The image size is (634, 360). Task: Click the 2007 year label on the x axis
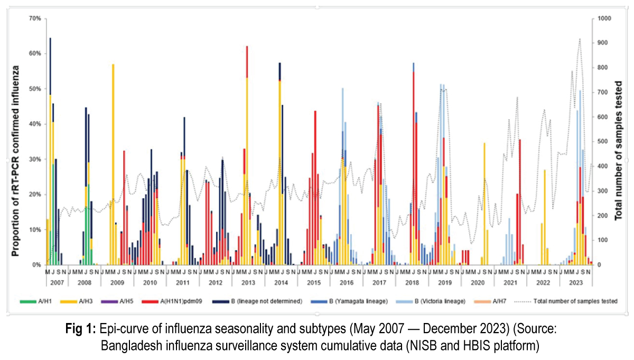(57, 283)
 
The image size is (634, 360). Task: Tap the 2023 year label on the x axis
(576, 283)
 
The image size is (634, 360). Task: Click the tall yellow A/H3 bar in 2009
(113, 159)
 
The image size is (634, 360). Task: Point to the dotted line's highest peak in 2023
(580, 39)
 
